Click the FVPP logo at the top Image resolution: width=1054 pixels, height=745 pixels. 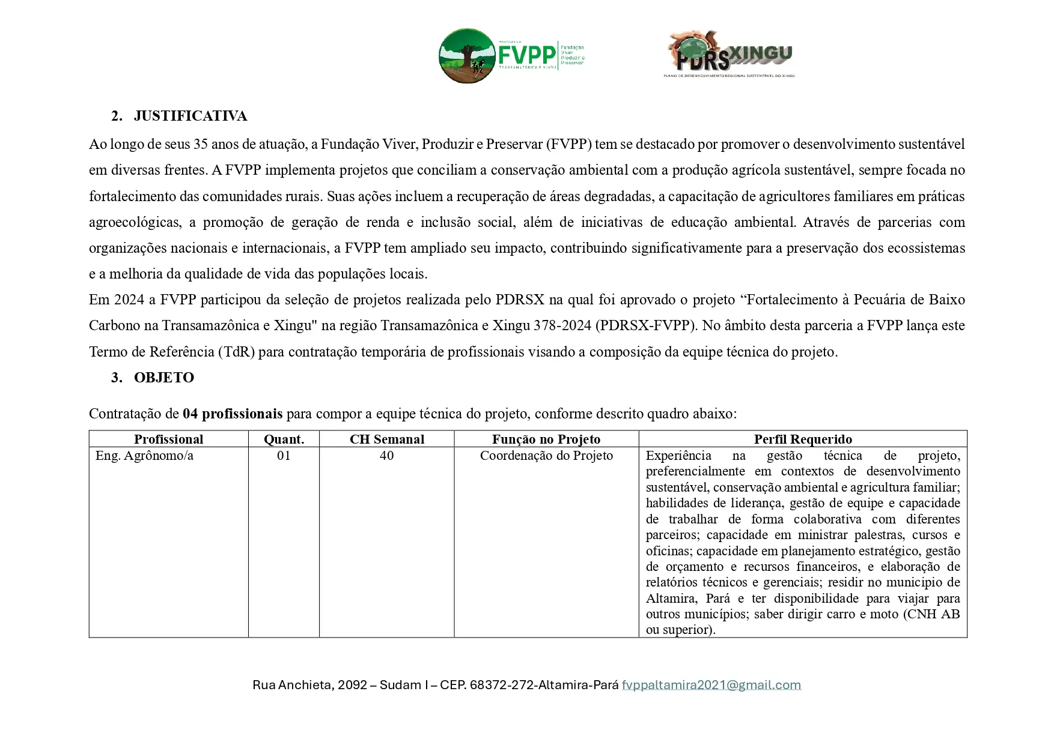511,56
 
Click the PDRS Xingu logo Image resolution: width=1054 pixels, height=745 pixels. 730,55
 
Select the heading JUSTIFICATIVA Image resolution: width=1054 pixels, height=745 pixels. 190,116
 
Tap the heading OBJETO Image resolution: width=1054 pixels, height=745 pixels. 164,378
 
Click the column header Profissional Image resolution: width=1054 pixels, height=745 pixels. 168,439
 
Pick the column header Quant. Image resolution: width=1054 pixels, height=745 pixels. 284,439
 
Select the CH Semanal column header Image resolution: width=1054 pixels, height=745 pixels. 387,439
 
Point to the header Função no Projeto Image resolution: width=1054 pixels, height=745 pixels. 546,439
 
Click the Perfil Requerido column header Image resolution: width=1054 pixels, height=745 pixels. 803,439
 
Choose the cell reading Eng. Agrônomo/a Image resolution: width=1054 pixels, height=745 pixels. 145,456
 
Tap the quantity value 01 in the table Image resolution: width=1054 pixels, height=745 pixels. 284,456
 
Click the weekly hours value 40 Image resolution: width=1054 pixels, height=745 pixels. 387,456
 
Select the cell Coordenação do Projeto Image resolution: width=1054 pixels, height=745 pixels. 546,456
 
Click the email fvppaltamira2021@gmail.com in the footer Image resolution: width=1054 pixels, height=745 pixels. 711,685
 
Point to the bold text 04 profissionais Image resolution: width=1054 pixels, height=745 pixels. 233,414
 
